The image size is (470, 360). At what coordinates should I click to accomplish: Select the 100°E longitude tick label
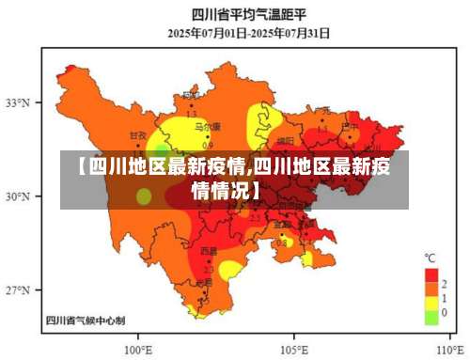(138, 345)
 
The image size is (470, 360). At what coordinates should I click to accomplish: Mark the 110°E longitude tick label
(447, 345)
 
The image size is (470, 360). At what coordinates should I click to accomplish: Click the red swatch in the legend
(431, 274)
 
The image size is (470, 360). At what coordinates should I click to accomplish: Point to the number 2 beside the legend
(444, 283)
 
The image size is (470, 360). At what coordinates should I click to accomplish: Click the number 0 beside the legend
(444, 312)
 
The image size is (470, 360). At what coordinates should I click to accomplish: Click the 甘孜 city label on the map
(139, 135)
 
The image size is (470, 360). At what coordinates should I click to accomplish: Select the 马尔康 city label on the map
(207, 126)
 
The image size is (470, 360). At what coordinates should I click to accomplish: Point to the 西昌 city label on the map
(208, 252)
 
